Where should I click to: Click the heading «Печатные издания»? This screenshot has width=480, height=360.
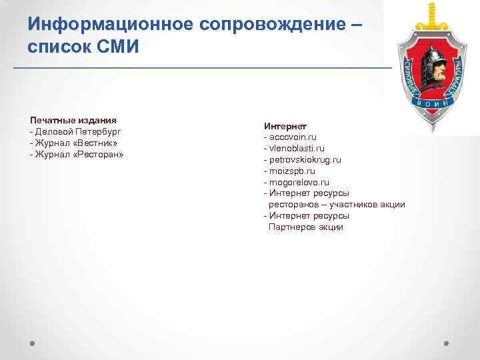click(x=73, y=120)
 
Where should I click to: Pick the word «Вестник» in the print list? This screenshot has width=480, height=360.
click(x=93, y=143)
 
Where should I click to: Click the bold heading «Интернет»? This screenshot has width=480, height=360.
click(x=285, y=126)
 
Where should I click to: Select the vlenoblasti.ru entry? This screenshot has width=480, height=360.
click(x=297, y=149)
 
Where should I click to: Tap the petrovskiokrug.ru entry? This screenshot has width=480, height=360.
click(x=305, y=160)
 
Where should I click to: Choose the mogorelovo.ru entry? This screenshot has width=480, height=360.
click(x=299, y=182)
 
